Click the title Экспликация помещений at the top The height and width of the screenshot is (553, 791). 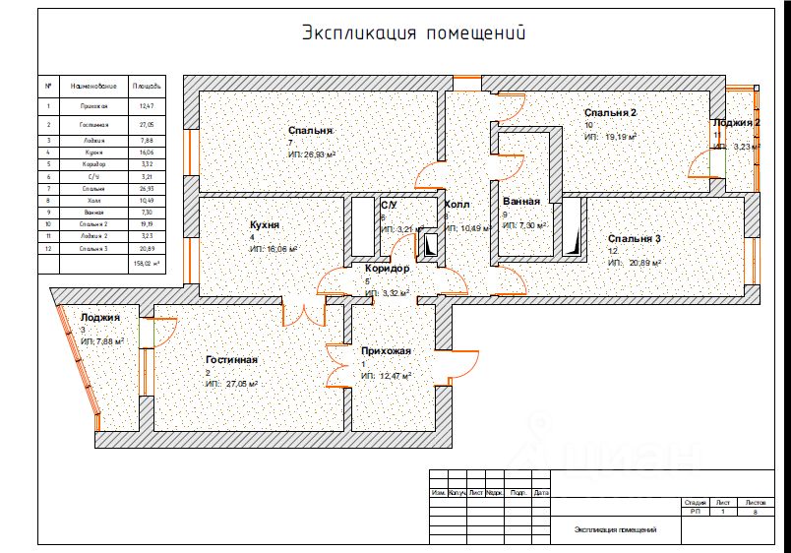(x=413, y=32)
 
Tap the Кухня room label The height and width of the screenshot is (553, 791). (x=266, y=225)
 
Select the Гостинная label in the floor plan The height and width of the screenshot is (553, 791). (x=231, y=360)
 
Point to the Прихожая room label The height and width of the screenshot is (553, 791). (x=386, y=351)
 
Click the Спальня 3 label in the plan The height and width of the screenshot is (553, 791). (x=634, y=239)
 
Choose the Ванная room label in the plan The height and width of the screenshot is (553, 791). (x=520, y=202)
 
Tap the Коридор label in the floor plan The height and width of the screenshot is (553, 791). (x=387, y=269)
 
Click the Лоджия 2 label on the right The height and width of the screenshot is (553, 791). (x=737, y=123)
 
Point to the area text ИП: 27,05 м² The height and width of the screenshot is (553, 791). (x=232, y=384)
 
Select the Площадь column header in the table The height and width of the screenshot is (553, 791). (x=148, y=86)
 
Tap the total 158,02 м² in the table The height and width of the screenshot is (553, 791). (x=148, y=264)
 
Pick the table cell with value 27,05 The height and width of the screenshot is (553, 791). (x=148, y=125)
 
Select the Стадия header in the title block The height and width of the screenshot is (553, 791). (x=695, y=502)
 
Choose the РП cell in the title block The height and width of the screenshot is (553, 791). (x=695, y=512)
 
